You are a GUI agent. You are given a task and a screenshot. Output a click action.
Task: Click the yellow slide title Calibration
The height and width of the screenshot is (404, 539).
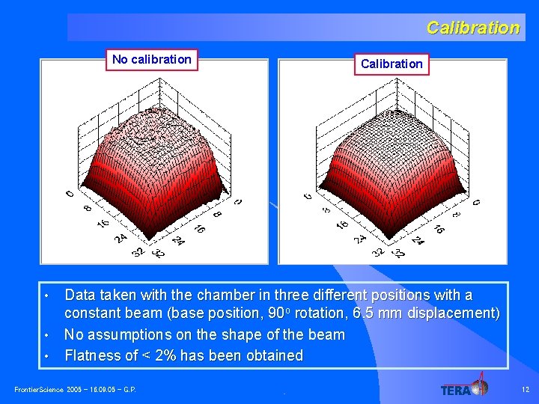[472, 28]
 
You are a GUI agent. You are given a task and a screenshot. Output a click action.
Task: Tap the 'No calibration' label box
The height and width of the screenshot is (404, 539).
[152, 59]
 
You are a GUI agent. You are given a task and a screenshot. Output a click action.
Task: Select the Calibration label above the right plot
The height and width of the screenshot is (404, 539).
[392, 64]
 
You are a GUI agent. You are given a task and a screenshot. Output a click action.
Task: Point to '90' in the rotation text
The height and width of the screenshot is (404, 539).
[275, 313]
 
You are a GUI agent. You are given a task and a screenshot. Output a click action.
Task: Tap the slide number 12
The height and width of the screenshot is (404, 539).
[525, 388]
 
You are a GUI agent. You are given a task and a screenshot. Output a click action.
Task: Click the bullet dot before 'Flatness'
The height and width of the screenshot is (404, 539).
[46, 356]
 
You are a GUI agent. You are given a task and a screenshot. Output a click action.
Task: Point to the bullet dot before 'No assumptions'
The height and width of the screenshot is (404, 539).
[46, 334]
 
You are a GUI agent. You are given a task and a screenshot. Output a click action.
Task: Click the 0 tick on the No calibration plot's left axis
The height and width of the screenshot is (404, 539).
[70, 195]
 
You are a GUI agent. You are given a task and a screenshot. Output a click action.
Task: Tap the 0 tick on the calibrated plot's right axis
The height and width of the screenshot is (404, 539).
[476, 201]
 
